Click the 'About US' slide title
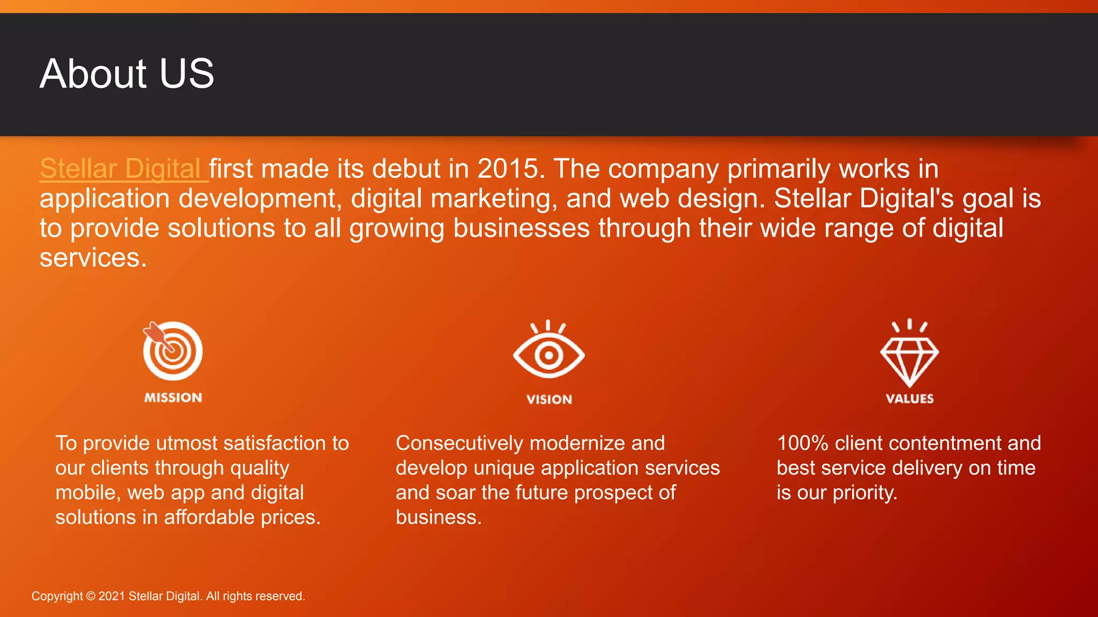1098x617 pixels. click(x=127, y=73)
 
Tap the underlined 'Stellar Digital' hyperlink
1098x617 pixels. click(x=121, y=169)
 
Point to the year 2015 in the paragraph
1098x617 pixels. click(x=507, y=169)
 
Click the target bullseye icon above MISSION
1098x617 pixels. click(x=173, y=351)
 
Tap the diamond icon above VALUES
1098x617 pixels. click(x=909, y=358)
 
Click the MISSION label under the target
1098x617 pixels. click(x=173, y=398)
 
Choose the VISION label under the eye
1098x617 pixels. click(x=549, y=400)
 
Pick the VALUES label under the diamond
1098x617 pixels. click(x=909, y=398)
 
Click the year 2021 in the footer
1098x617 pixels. click(x=112, y=596)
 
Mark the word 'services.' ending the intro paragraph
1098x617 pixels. click(x=93, y=258)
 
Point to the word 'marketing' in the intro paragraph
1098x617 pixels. click(x=490, y=199)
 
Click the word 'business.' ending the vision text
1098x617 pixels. click(x=439, y=517)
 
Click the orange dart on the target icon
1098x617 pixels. click(x=155, y=334)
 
